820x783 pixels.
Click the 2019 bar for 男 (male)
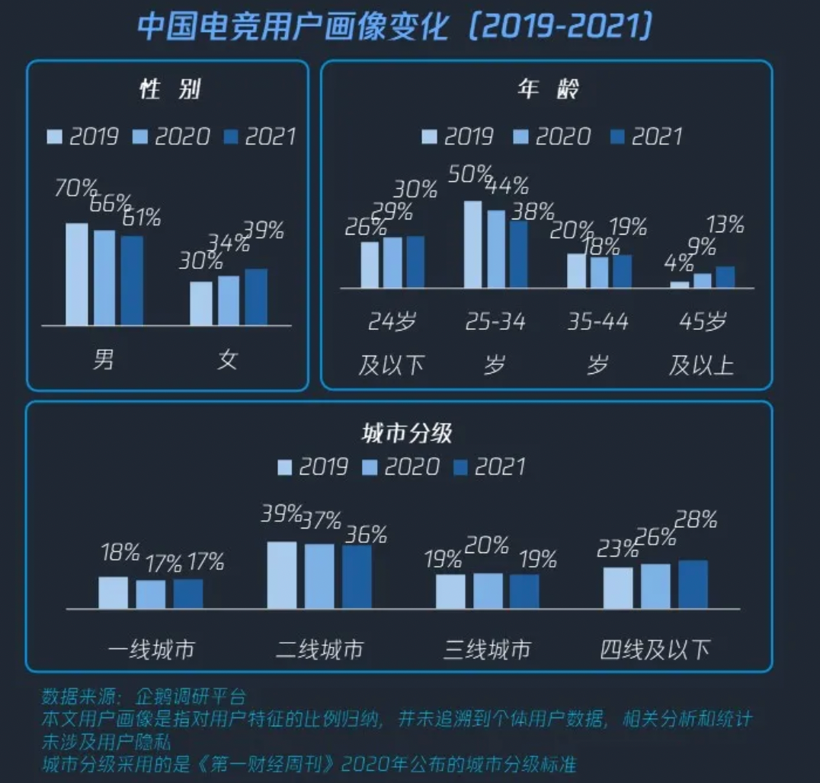(x=76, y=274)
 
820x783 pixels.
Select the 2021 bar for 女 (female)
(x=256, y=297)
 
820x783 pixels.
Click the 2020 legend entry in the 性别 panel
(x=172, y=136)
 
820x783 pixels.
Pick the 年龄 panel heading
(x=548, y=89)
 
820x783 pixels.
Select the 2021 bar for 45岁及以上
(x=725, y=277)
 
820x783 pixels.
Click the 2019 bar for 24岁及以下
(x=369, y=265)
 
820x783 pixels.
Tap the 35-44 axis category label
(x=597, y=322)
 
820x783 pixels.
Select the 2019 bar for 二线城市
(x=281, y=575)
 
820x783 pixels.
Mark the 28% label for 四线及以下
(x=697, y=520)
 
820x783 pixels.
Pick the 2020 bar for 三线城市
(x=488, y=591)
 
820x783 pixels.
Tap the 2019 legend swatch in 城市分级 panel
(x=285, y=467)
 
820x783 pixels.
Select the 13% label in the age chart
(x=725, y=225)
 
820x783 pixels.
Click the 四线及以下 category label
(x=655, y=650)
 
